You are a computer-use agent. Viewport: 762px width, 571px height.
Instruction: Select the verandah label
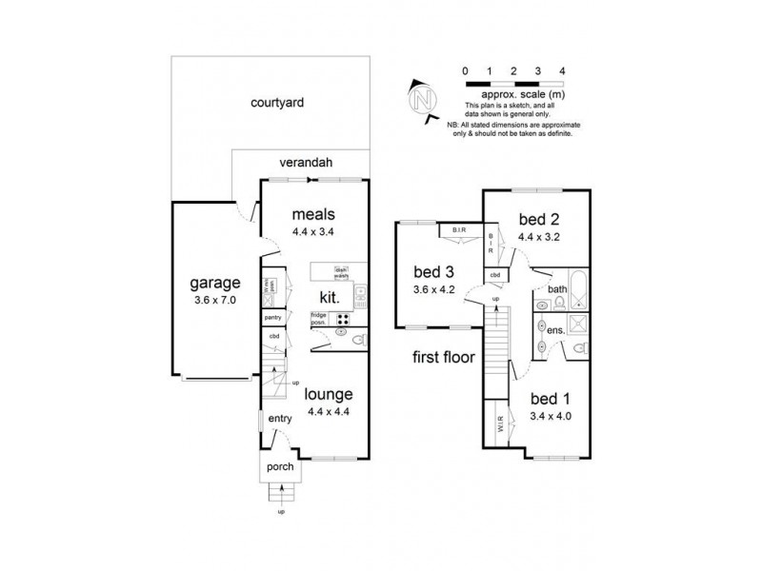click(x=305, y=163)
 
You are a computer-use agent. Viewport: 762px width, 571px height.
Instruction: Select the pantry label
click(x=272, y=317)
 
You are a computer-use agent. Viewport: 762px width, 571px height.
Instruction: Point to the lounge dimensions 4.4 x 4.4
click(x=328, y=412)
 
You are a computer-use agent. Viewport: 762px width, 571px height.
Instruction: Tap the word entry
click(x=280, y=419)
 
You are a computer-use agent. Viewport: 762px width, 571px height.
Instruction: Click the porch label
click(x=280, y=467)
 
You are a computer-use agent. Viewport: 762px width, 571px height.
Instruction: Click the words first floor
click(x=445, y=359)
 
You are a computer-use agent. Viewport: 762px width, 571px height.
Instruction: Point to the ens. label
click(x=557, y=329)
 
